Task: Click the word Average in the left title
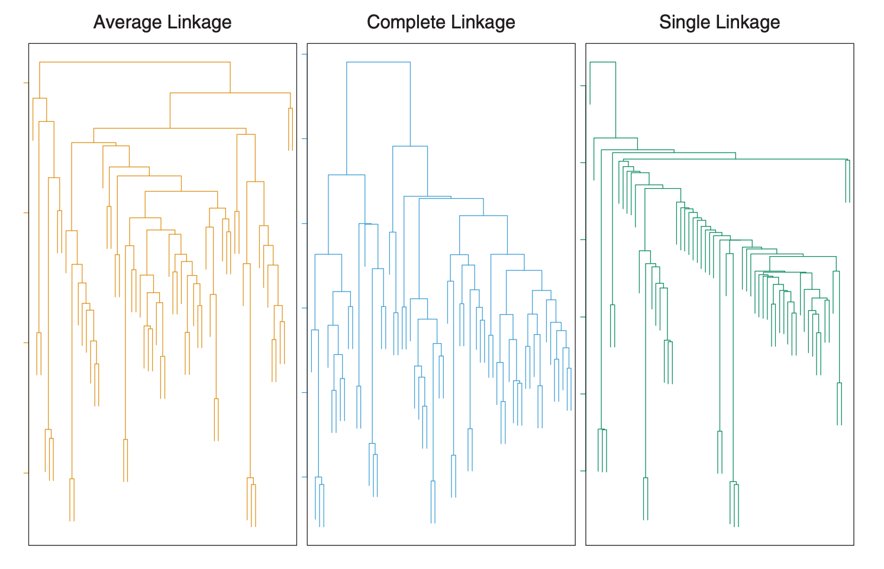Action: [x=128, y=22]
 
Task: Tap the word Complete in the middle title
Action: [x=406, y=22]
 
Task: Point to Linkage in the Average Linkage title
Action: [x=199, y=22]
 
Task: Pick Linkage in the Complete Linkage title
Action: [x=483, y=22]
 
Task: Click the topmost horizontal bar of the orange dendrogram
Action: [x=134, y=62]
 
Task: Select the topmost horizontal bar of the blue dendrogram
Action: [x=379, y=62]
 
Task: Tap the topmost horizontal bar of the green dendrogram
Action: [x=602, y=62]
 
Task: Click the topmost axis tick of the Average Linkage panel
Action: [x=26, y=83]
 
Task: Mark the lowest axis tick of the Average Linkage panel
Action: [x=26, y=473]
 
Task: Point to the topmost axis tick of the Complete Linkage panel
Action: [x=305, y=54]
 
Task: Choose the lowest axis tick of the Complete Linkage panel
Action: [x=305, y=477]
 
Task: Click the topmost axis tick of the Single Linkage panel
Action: [x=583, y=86]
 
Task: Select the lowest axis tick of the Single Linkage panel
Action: [x=583, y=471]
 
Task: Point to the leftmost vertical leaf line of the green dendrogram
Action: [x=590, y=83]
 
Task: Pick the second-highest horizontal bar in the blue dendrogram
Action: [x=410, y=147]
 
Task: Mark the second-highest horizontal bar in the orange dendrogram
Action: [x=230, y=93]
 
